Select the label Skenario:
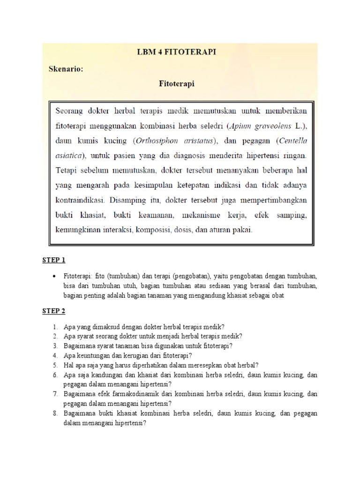(66, 68)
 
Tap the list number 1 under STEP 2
(55, 327)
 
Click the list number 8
(55, 414)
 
